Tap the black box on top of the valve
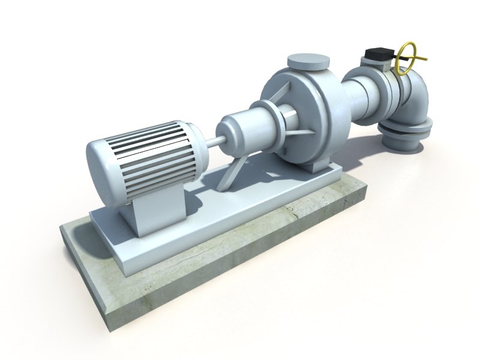[x=377, y=53]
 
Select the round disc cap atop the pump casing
[x=310, y=61]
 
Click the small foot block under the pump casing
[x=312, y=166]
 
